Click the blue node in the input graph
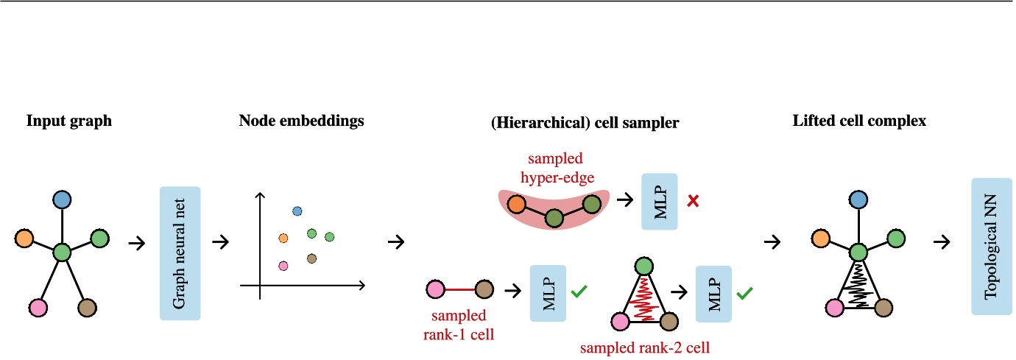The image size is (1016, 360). (62, 199)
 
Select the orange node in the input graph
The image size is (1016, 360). (24, 239)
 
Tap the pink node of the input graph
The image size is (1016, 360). (38, 306)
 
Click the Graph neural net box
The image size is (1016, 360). (180, 253)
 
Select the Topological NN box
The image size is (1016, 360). (991, 246)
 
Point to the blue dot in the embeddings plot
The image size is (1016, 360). (297, 212)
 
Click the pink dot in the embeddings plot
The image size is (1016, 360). (283, 265)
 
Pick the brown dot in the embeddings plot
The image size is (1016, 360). (311, 258)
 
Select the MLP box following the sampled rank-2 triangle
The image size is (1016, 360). (711, 293)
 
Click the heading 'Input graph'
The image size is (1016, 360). (69, 121)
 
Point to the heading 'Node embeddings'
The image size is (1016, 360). (301, 121)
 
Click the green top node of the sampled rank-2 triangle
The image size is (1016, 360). (643, 266)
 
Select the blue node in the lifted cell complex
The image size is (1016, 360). (857, 199)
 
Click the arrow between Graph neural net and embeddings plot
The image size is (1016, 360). (219, 241)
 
